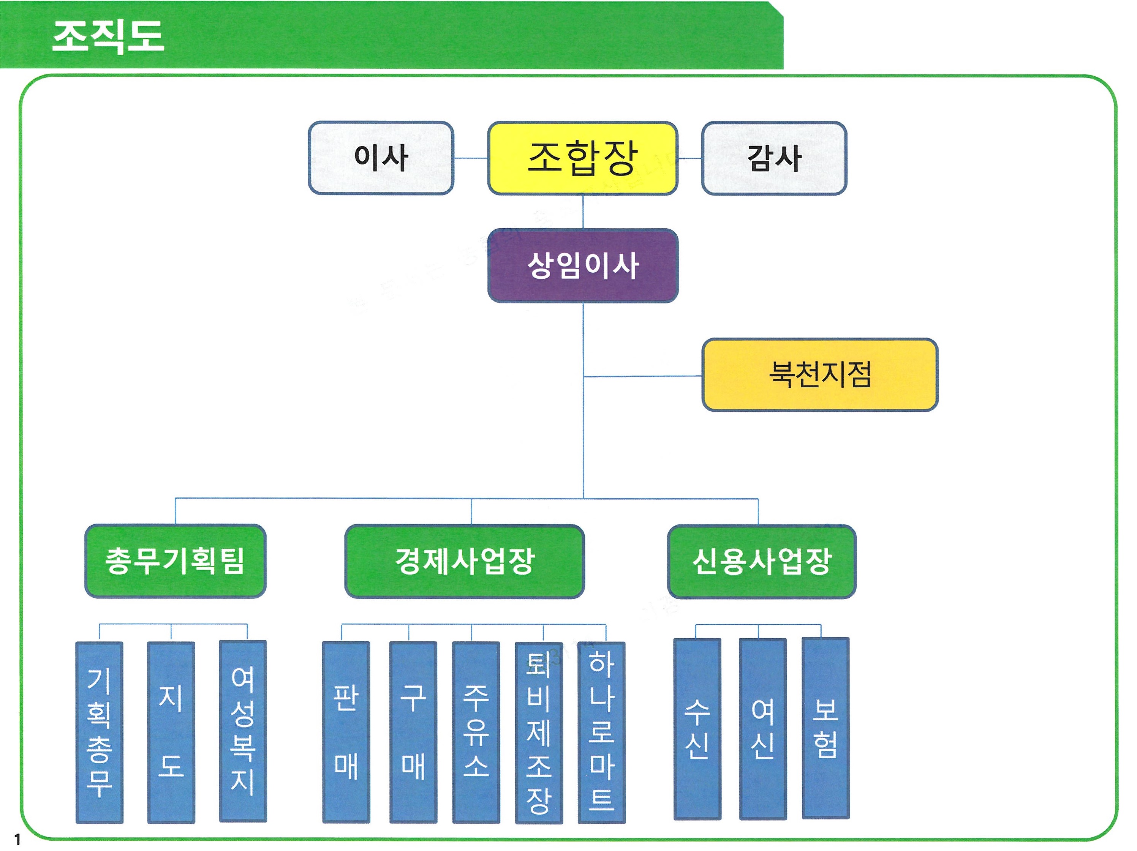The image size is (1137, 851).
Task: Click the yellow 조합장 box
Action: coord(582,158)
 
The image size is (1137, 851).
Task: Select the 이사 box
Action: coord(381,158)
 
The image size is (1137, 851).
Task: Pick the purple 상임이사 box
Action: coord(582,266)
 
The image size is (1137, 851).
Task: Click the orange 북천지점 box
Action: coord(820,375)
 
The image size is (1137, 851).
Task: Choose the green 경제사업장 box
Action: coord(465,561)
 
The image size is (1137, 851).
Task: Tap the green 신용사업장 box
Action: coord(762,561)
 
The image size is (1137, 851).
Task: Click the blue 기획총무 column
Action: coord(99,732)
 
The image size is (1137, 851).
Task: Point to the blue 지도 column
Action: coord(171,732)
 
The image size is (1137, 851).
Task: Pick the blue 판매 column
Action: coord(346,732)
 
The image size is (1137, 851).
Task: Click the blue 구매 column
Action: coord(413,732)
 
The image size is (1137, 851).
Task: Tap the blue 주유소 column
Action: coord(476,732)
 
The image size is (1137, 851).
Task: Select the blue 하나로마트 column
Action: coord(601,732)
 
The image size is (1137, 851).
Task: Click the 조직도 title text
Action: coord(108,36)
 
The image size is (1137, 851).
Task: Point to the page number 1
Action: coord(17,840)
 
